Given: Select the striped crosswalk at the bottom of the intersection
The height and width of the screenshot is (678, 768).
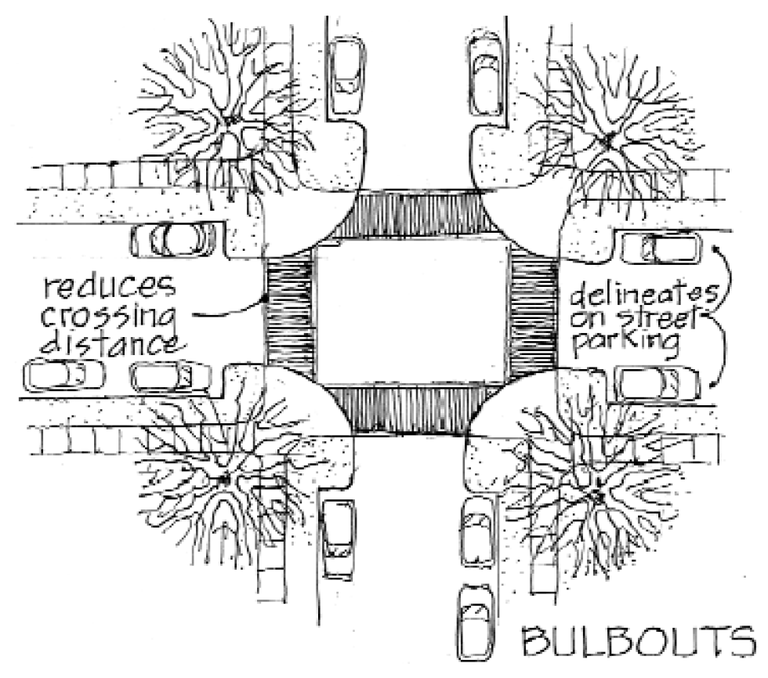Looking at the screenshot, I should (408, 409).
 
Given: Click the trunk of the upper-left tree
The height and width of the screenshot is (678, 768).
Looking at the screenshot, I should (232, 120).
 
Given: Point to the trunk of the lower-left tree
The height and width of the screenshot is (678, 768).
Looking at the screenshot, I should (225, 477).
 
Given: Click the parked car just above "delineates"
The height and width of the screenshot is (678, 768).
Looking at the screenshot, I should (658, 249).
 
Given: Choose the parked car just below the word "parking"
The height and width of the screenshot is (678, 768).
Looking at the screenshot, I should (658, 383).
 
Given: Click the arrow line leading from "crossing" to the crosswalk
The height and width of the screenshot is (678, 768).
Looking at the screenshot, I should (227, 311).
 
